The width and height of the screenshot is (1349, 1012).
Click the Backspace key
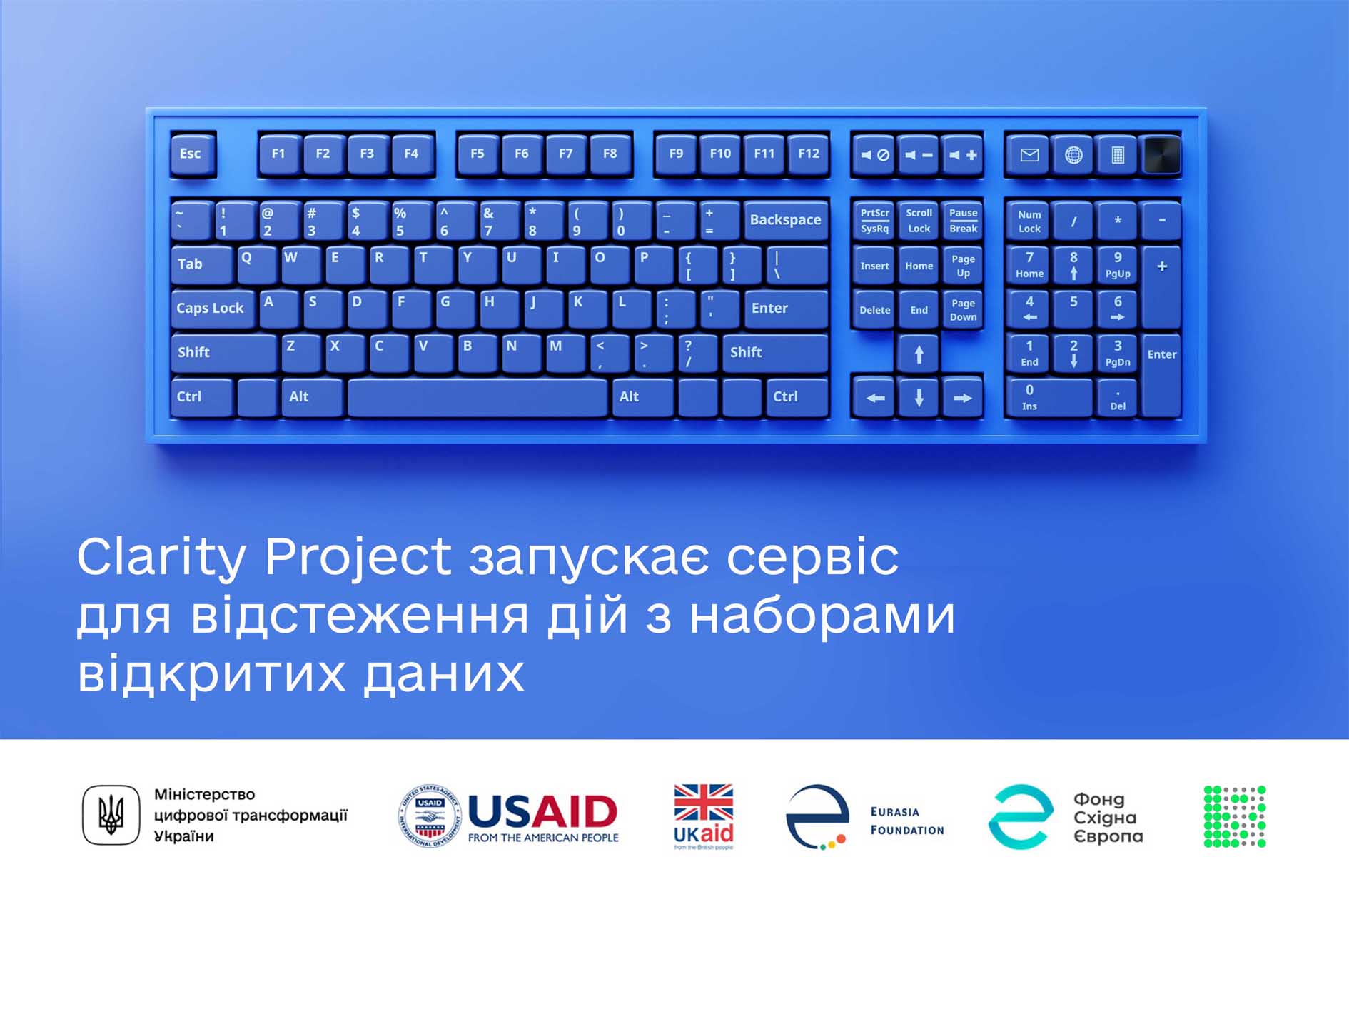(x=785, y=220)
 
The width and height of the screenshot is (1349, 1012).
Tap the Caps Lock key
(x=212, y=308)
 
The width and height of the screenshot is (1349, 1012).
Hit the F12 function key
(x=809, y=154)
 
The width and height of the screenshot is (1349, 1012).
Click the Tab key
(x=202, y=264)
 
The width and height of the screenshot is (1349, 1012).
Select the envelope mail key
(x=1029, y=155)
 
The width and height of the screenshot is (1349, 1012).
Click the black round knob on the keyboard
(x=1162, y=155)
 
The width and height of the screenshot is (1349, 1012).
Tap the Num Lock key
(x=1029, y=221)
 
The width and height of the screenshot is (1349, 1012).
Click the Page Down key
(x=963, y=310)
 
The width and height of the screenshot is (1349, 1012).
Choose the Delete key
(x=874, y=310)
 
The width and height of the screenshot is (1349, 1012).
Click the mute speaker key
(x=874, y=155)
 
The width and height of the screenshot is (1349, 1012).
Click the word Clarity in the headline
(x=161, y=558)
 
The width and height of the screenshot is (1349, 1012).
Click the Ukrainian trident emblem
(x=111, y=815)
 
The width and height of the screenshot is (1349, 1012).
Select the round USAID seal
(x=429, y=816)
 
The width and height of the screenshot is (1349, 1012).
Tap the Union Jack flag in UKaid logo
(x=704, y=802)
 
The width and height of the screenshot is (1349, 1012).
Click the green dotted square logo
(x=1235, y=816)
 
